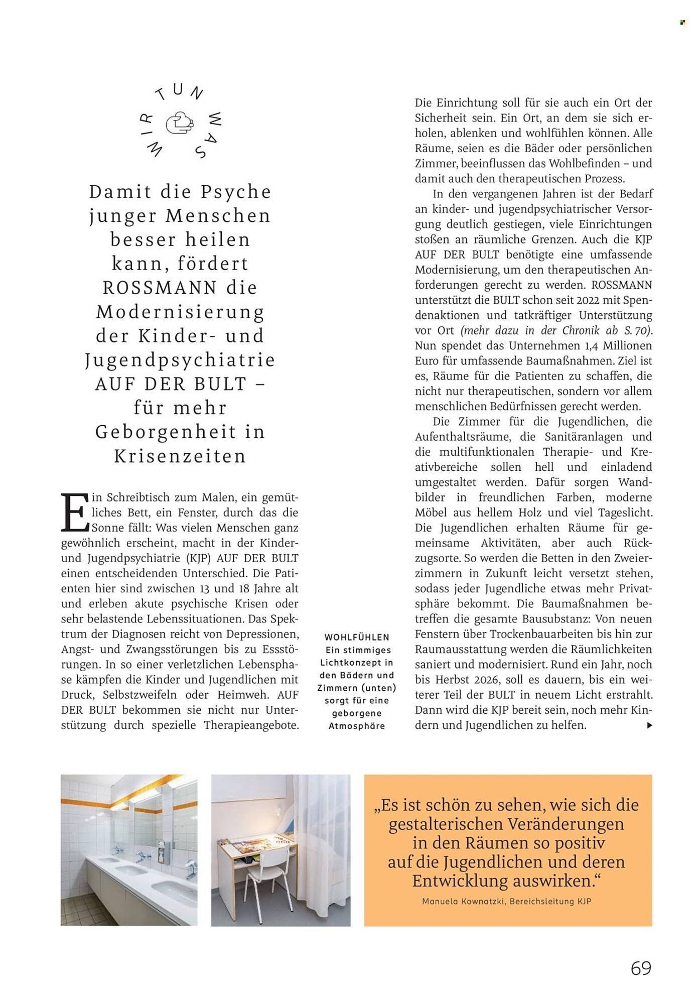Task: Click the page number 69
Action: point(641,968)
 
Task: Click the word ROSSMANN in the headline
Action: point(160,288)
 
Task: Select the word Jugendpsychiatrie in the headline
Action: point(180,360)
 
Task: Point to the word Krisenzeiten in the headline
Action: point(180,456)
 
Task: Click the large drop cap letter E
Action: point(74,513)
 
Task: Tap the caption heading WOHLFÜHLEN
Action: point(357,637)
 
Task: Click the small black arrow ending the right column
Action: point(649,725)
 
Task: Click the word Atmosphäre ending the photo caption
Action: point(357,726)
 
